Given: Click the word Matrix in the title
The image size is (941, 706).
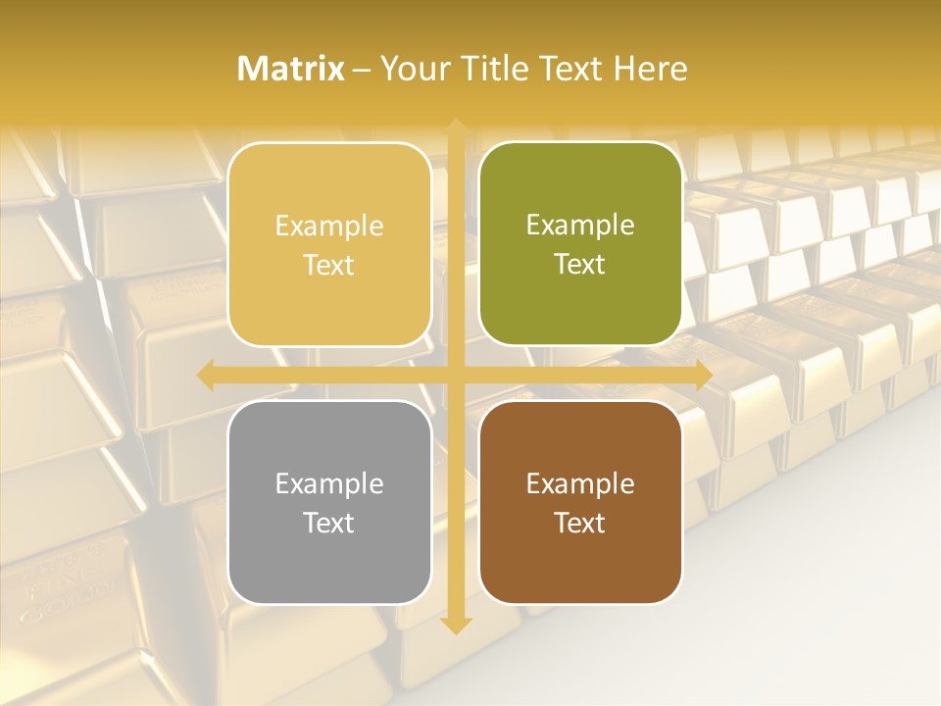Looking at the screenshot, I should [x=291, y=69].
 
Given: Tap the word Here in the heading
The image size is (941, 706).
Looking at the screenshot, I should [x=650, y=69].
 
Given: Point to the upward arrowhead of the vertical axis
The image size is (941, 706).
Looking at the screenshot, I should [x=455, y=127].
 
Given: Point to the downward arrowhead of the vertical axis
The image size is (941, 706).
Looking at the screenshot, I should [x=455, y=625].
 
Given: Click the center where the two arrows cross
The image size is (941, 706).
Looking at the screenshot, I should [x=455, y=376].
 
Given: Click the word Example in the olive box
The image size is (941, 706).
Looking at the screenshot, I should [x=580, y=226].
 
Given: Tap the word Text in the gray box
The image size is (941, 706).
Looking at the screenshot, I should [x=329, y=523].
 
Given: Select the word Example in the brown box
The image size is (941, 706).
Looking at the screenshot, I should [x=580, y=483].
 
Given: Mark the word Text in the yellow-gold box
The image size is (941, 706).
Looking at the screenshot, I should [x=329, y=265].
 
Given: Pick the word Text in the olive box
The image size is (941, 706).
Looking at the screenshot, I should [x=580, y=264].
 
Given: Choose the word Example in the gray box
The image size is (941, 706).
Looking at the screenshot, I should [x=329, y=483].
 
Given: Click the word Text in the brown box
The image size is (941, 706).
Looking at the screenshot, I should [x=580, y=523].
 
